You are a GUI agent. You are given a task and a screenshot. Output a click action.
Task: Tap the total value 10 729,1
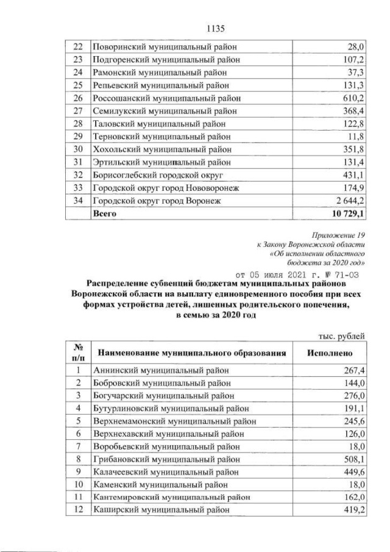[347, 214]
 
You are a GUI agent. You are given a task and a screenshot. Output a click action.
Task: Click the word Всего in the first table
[104, 214]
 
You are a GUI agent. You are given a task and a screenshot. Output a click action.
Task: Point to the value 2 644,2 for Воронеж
[349, 201]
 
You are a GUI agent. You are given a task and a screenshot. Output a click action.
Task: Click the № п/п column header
[77, 353]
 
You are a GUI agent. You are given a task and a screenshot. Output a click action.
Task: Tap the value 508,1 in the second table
[354, 459]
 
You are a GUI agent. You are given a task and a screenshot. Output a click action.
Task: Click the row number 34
[77, 201]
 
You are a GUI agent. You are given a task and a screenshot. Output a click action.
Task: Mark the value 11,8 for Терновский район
[355, 137]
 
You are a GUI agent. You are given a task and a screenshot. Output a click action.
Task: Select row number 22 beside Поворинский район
[77, 47]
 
